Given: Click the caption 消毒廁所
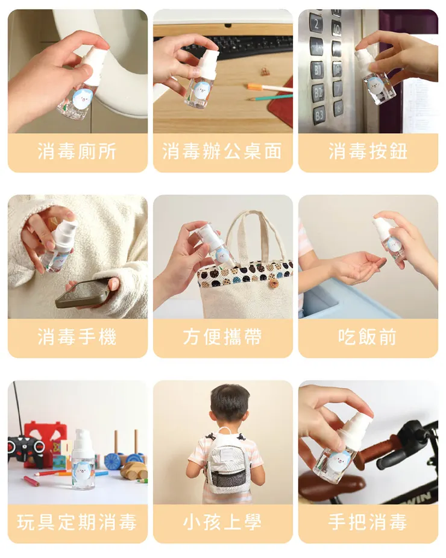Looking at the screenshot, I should coord(77,152).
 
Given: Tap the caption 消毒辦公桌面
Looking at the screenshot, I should coord(222,152).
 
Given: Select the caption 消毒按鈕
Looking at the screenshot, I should coord(368,152).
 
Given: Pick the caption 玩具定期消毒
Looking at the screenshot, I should coord(77,522).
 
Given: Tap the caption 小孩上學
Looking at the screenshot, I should coord(222,522).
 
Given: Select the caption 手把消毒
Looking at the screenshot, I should coord(368,522).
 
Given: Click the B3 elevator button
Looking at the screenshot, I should coord(318,114).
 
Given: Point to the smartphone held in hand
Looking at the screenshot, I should coord(83,293).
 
